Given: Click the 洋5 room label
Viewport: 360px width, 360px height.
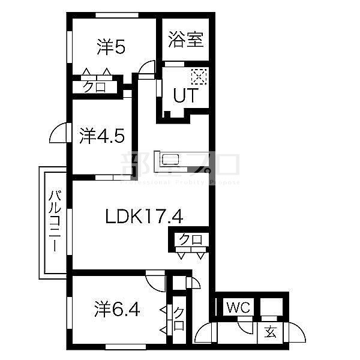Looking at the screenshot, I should (x=111, y=47).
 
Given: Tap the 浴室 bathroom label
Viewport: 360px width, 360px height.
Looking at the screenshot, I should (x=186, y=40).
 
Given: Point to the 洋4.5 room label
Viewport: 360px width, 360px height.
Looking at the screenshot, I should (x=102, y=136).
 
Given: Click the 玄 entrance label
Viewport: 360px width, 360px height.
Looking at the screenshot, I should (x=271, y=331).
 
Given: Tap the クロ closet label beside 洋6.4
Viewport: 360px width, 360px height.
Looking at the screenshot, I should (x=179, y=319).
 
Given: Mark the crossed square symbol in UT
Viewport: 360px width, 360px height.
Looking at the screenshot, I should (x=199, y=77).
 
